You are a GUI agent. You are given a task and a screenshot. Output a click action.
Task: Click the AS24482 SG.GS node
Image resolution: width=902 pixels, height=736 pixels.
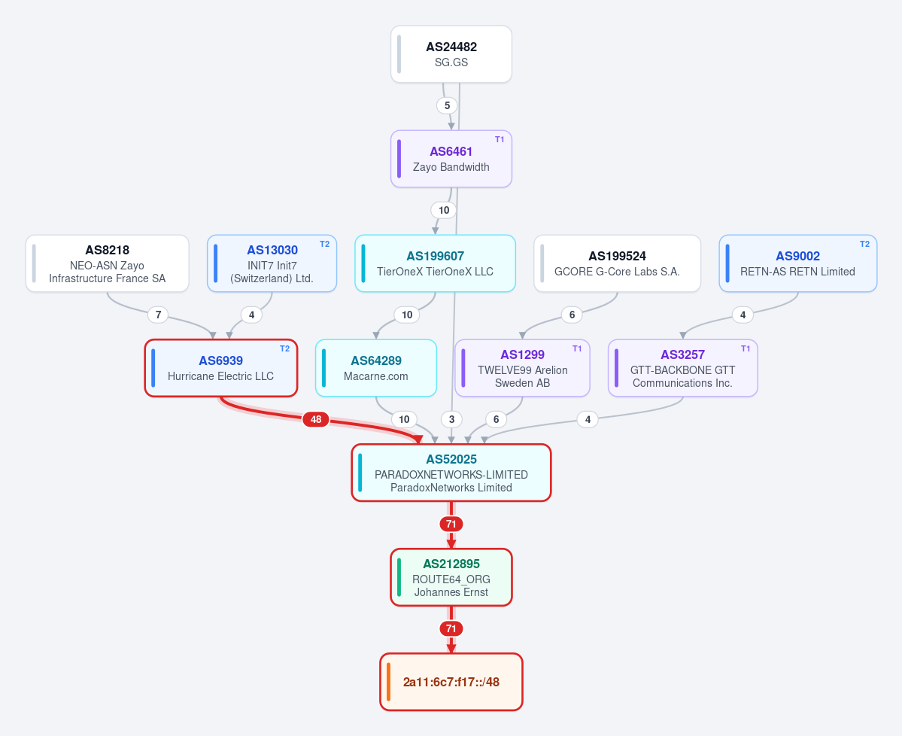tap(451, 54)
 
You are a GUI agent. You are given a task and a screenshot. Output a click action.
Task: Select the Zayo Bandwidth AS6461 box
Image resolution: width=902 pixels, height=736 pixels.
tap(451, 159)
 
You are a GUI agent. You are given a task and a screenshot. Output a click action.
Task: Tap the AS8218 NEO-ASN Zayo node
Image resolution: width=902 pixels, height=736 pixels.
tap(107, 263)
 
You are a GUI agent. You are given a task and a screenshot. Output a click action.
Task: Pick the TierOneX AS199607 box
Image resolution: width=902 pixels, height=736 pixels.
tap(435, 263)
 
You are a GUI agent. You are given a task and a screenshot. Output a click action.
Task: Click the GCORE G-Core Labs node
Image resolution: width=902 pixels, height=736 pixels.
tap(617, 263)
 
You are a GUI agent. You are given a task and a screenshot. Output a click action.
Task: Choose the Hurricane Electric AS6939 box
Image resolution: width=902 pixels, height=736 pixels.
tap(221, 368)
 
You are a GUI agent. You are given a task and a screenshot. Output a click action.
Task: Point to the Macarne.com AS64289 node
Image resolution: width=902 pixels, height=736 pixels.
tap(376, 368)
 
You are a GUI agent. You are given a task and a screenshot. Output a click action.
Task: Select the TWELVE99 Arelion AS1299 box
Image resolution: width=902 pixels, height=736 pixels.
tap(522, 368)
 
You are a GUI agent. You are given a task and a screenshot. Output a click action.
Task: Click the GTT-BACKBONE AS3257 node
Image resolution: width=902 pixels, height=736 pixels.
tap(683, 368)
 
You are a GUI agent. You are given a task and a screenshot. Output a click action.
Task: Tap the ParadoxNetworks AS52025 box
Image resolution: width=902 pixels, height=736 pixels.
tap(451, 473)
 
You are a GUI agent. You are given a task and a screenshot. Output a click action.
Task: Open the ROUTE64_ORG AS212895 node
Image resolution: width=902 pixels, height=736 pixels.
tap(451, 578)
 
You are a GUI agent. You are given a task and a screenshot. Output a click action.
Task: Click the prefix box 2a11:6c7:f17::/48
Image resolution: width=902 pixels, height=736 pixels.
tap(451, 682)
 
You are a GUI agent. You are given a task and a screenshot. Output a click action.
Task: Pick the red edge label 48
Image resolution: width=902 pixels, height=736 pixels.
tap(316, 419)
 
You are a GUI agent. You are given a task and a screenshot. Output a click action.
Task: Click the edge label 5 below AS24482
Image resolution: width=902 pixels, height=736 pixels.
tap(447, 106)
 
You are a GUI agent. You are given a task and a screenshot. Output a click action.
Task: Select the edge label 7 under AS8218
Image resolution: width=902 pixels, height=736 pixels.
tap(158, 315)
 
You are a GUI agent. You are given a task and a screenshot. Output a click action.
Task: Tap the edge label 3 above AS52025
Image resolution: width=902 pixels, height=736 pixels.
tap(451, 419)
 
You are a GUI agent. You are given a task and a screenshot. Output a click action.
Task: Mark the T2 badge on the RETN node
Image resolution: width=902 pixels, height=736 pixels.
tap(864, 244)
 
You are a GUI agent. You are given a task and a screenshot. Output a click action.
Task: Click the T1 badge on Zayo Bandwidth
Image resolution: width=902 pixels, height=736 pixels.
tap(500, 139)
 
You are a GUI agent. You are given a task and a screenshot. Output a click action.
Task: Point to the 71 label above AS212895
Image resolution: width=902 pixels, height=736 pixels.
tap(451, 525)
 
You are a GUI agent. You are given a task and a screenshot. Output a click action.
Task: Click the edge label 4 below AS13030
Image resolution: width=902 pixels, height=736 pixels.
tap(251, 315)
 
